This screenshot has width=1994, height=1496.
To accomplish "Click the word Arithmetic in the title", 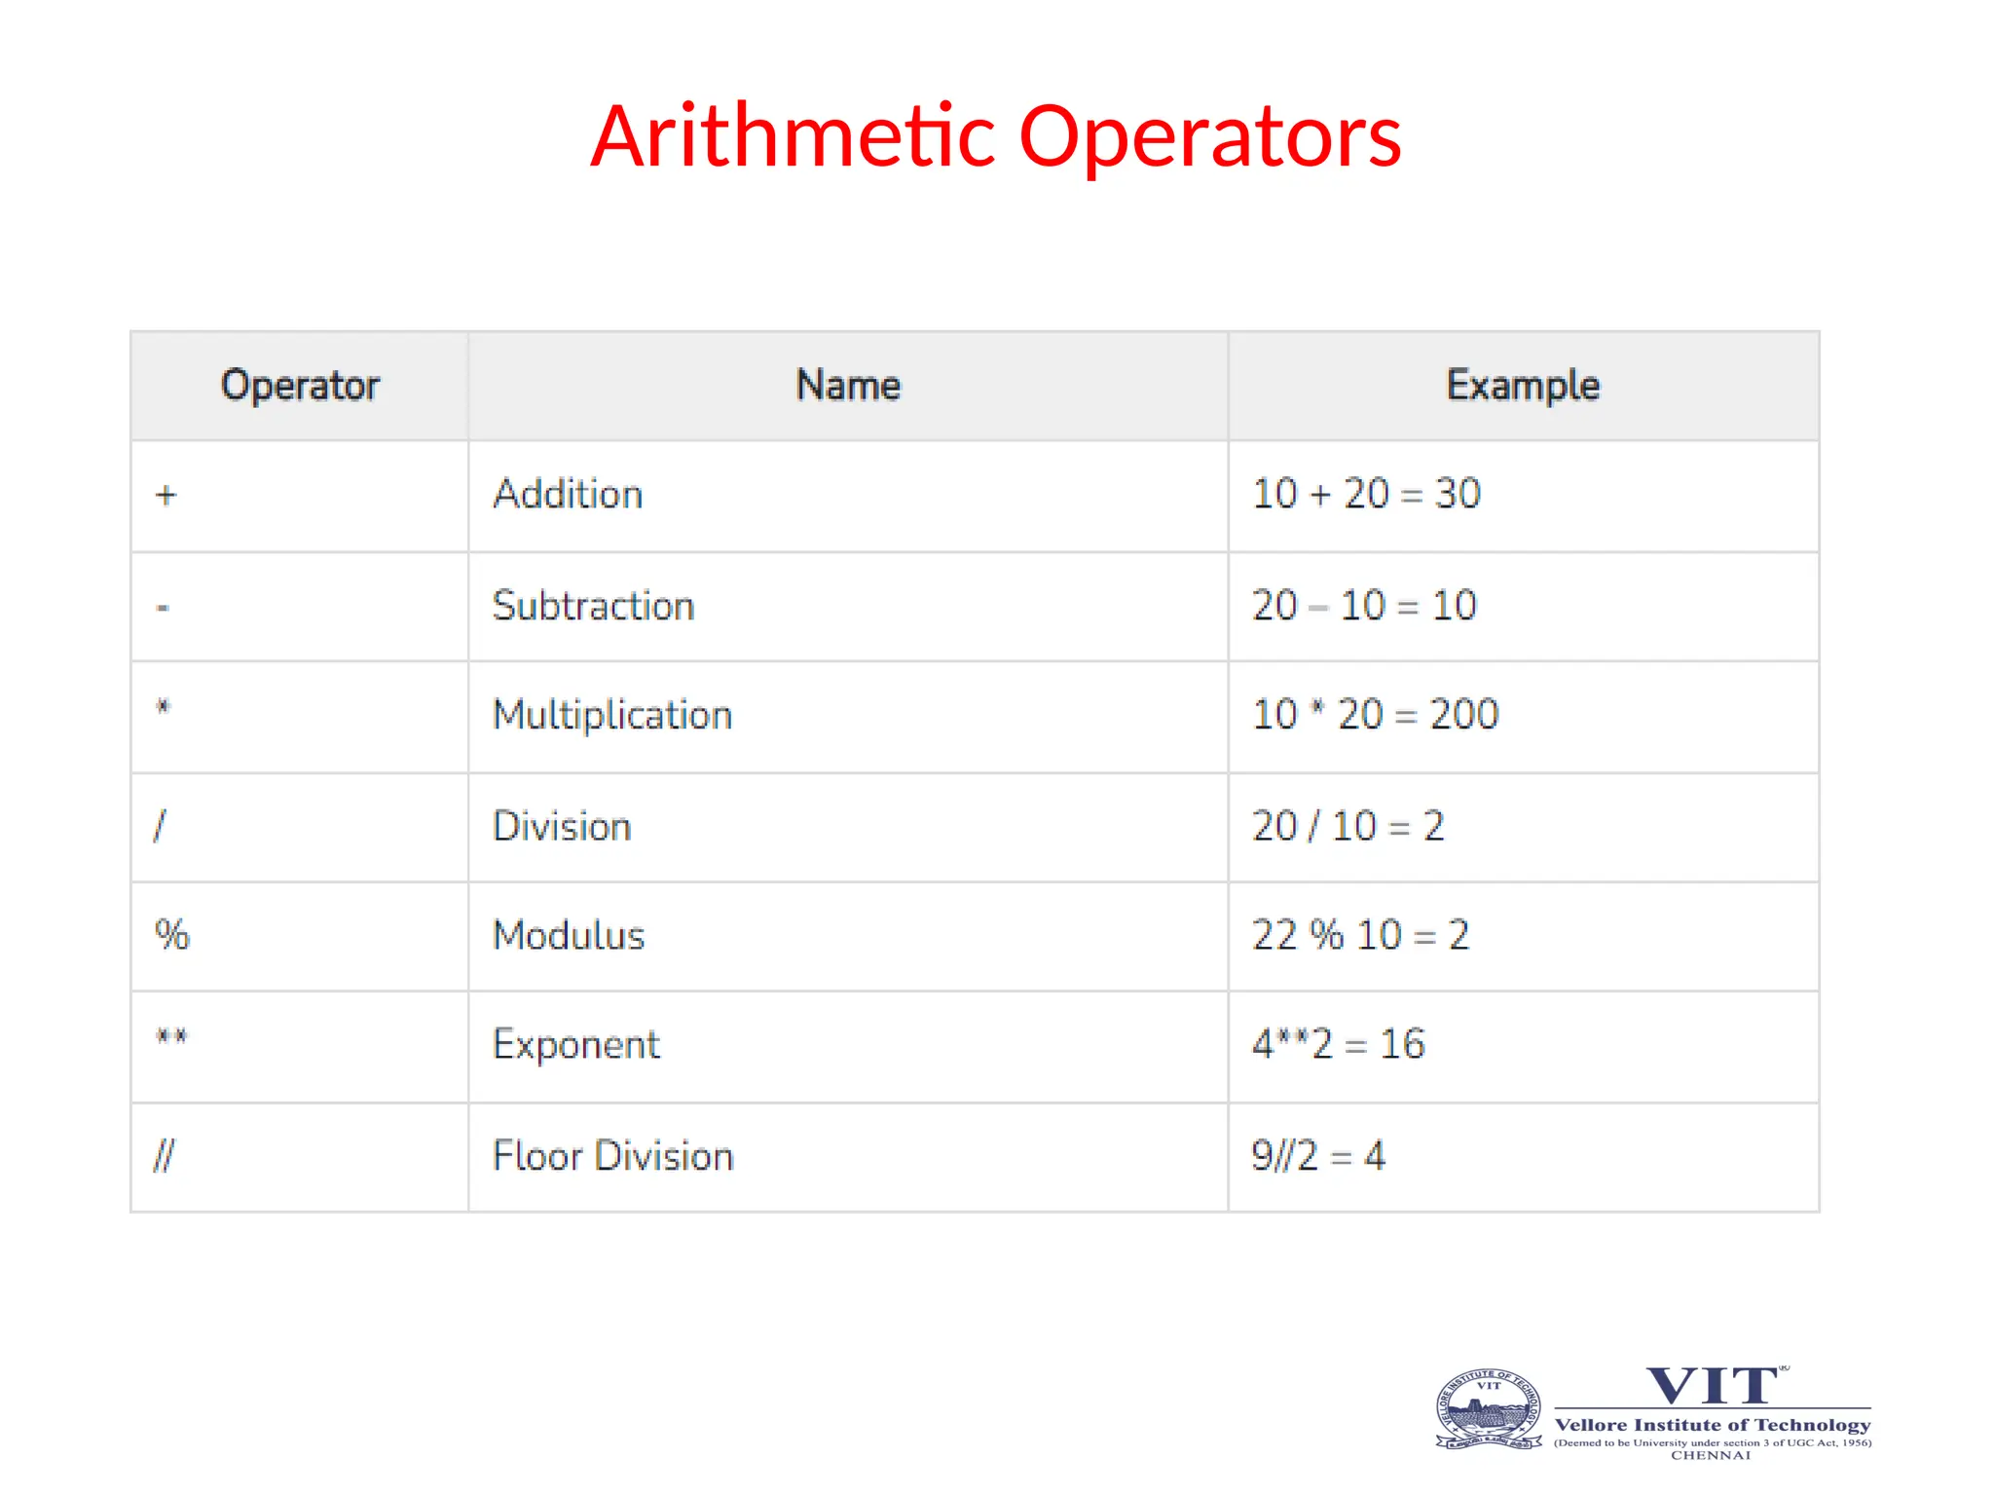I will (x=794, y=136).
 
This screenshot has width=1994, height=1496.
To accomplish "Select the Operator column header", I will (x=300, y=386).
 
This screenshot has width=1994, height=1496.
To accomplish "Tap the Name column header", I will (x=848, y=386).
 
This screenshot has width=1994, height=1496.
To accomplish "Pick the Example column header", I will (x=1523, y=386).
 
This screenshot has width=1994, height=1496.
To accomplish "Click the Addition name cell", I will (x=568, y=495).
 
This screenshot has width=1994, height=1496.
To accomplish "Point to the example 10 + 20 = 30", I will (x=1366, y=494).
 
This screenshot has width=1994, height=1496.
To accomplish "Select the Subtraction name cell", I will (x=593, y=606).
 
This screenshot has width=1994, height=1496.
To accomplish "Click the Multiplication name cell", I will (x=612, y=715).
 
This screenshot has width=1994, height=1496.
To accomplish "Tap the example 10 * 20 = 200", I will (x=1375, y=715).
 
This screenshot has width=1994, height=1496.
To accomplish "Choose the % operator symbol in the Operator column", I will (x=172, y=935).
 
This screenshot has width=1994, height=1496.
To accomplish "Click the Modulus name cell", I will (x=569, y=936).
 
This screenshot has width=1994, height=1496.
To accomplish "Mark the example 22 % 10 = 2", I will (x=1360, y=935).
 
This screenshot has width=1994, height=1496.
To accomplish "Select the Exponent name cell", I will (x=576, y=1045).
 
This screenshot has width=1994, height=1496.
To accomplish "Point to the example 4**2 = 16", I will (x=1338, y=1044).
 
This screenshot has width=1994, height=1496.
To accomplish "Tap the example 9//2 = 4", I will (x=1317, y=1156).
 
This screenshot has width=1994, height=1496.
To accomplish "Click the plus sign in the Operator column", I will (x=166, y=495).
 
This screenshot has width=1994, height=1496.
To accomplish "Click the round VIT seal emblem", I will (x=1488, y=1409).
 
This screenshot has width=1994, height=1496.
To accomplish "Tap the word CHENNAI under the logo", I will (x=1711, y=1455).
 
